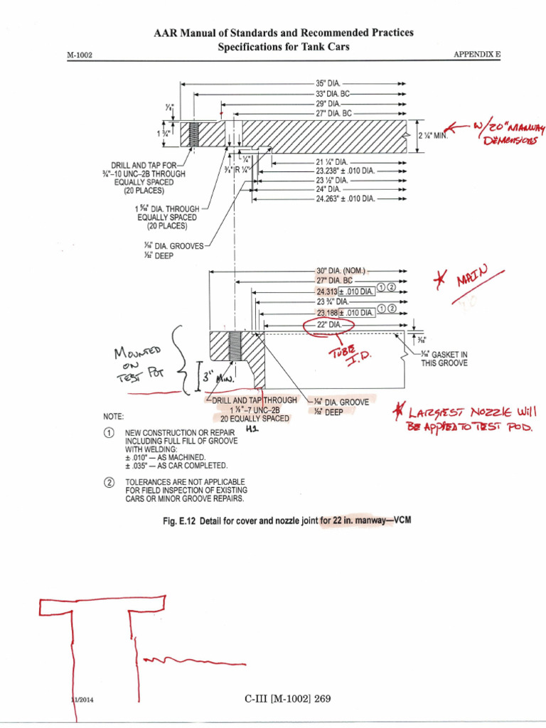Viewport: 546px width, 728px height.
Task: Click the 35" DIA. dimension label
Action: [328, 83]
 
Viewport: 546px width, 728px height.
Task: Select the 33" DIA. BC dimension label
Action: [333, 93]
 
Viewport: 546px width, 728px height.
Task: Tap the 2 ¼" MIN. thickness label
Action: [434, 135]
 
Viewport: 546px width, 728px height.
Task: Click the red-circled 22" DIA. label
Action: [328, 325]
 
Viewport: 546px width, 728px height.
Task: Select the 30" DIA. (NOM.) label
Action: [340, 272]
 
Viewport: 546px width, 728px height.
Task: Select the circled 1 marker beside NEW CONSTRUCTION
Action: [109, 433]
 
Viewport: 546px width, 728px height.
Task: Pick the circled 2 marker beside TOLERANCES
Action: [109, 482]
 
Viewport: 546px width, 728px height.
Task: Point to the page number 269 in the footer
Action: [323, 699]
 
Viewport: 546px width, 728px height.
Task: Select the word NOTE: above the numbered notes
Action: [115, 416]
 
